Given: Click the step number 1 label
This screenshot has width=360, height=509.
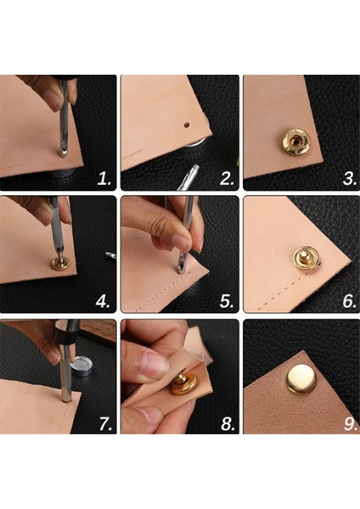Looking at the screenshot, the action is point(104,179).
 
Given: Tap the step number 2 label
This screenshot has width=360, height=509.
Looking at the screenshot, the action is point(227,179).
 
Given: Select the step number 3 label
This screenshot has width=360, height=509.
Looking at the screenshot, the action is point(350,179).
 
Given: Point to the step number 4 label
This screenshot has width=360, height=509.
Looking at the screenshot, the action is point(103,302).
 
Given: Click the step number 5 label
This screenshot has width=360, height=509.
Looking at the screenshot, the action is point(227,302).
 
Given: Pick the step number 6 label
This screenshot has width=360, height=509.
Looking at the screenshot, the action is point(350,302).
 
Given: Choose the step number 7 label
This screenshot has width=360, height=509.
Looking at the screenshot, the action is point(105,423).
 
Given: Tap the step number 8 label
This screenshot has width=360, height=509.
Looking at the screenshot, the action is point(228,423).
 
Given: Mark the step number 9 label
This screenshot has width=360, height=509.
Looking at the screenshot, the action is point(351,424).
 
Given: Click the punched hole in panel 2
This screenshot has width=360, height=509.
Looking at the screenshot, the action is point(187,125).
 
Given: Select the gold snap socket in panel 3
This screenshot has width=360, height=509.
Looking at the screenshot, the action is point(295,142).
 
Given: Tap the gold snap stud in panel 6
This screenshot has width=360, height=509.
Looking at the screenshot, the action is point(305,259).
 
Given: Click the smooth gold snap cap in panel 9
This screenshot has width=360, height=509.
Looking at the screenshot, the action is point(301,378).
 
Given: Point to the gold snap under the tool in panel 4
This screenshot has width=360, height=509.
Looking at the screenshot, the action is point(60,263).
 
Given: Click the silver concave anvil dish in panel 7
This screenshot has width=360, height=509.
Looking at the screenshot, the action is point(81,366).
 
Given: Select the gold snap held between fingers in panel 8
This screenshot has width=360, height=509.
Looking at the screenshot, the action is point(183,383).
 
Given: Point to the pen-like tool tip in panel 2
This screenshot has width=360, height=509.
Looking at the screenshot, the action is point(195,169).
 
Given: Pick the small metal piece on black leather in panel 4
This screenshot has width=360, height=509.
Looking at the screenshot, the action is point(110,255).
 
